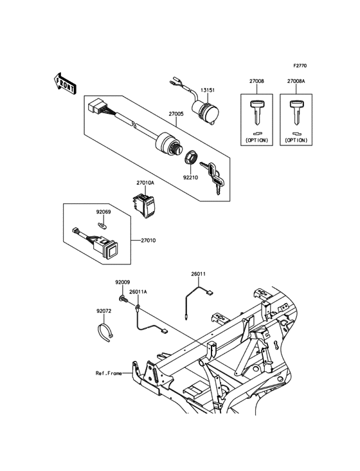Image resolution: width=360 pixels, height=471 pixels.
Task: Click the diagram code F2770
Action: pos(300,66)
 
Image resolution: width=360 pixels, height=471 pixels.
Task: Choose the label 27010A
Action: pos(144,183)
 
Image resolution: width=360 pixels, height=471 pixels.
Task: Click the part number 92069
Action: pos(105,210)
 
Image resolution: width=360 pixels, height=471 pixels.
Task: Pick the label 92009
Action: pos(122,282)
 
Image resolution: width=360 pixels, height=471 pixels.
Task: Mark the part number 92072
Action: pos(104,311)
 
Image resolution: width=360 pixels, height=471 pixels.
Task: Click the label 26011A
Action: pos(138,291)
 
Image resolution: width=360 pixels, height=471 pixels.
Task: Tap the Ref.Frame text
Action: pos(109,373)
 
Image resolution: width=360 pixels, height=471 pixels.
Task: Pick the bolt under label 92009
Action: pos(122,298)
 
